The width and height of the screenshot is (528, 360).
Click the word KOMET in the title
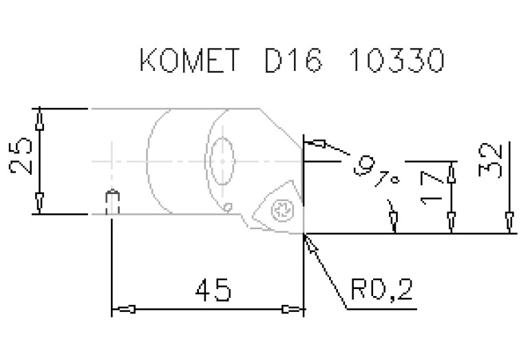click(189, 60)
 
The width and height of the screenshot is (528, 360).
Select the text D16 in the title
click(293, 60)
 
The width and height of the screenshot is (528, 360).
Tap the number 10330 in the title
click(397, 60)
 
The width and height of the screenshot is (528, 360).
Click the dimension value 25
click(21, 156)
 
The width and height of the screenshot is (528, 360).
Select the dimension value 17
click(432, 188)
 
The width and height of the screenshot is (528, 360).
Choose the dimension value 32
click(489, 160)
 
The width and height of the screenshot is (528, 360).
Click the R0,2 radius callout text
click(381, 289)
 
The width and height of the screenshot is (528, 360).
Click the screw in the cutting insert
click(282, 211)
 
